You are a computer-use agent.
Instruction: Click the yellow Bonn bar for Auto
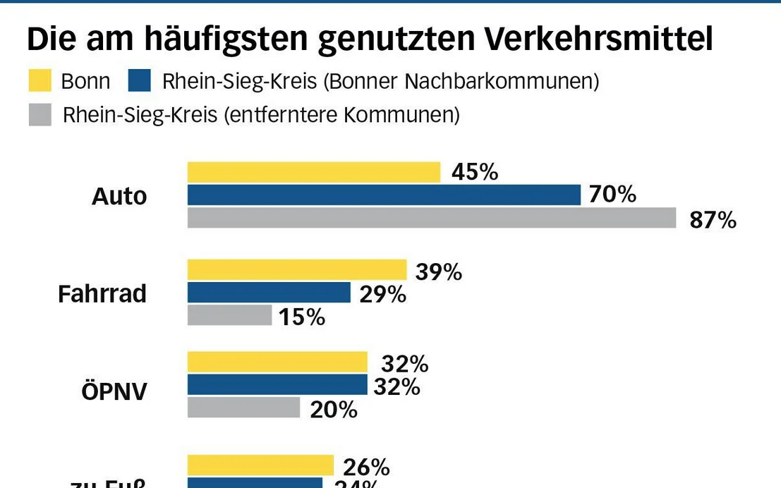pyautogui.click(x=313, y=172)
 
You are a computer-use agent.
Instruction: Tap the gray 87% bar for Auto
pyautogui.click(x=431, y=218)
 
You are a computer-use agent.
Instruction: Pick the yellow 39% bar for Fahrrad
pyautogui.click(x=296, y=269)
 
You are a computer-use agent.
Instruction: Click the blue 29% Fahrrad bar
pyautogui.click(x=268, y=293)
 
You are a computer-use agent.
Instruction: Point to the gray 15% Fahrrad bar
pyautogui.click(x=229, y=315)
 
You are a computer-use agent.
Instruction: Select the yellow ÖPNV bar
pyautogui.click(x=277, y=362)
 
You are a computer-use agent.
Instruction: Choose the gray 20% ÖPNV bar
pyautogui.click(x=243, y=408)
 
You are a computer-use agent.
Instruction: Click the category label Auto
pyautogui.click(x=119, y=196)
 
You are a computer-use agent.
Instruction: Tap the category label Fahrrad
pyautogui.click(x=102, y=293)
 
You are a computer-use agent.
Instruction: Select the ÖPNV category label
pyautogui.click(x=114, y=391)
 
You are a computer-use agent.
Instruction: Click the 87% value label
pyautogui.click(x=713, y=220)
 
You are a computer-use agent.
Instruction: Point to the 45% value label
pyautogui.click(x=474, y=171)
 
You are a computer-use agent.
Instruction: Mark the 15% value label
pyautogui.click(x=301, y=317)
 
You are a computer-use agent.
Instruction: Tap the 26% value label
pyautogui.click(x=366, y=467)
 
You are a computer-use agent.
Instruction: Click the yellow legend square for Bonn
pyautogui.click(x=40, y=81)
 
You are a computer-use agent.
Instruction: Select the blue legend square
pyautogui.click(x=140, y=81)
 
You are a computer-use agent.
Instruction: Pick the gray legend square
pyautogui.click(x=40, y=114)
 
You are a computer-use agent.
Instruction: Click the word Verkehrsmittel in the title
pyautogui.click(x=598, y=40)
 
